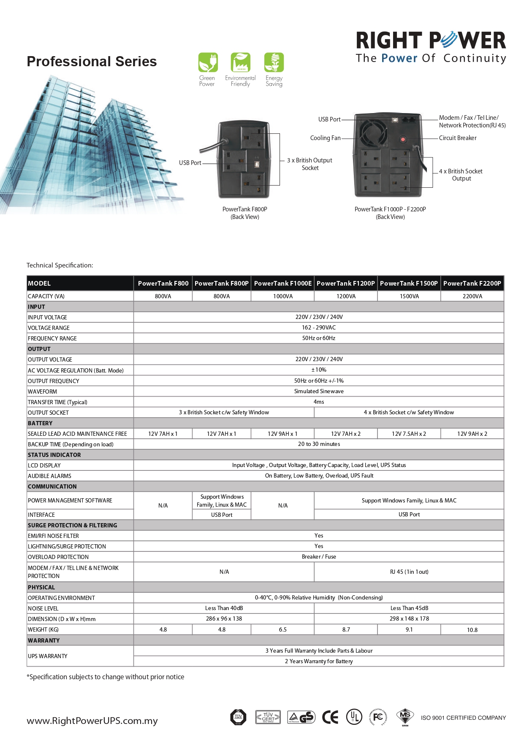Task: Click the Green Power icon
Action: tap(208, 62)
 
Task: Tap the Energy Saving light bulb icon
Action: tap(274, 62)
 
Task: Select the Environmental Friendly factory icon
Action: tap(240, 62)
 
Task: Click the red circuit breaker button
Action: tap(403, 139)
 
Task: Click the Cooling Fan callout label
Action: tap(325, 138)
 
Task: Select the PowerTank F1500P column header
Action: tap(409, 284)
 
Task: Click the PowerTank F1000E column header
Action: tap(283, 284)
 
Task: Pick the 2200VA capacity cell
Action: tap(472, 296)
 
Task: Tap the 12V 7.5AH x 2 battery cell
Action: tap(409, 434)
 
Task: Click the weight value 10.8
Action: tap(472, 630)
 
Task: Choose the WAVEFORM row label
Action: tap(42, 392)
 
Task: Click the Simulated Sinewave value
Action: tap(319, 391)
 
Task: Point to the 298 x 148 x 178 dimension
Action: tap(409, 618)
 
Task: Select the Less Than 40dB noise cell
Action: tap(224, 608)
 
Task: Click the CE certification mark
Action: tap(330, 717)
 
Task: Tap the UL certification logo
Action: tap(354, 717)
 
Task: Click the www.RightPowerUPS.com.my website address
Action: tap(92, 721)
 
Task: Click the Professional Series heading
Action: tap(92, 62)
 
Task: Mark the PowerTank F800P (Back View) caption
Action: tap(245, 213)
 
